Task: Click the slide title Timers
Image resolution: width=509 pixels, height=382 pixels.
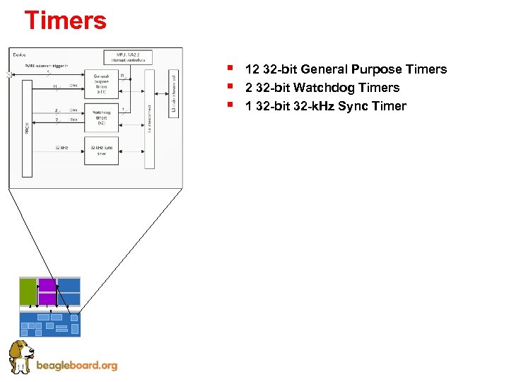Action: click(65, 20)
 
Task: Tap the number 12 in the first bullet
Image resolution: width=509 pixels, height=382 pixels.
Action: click(252, 69)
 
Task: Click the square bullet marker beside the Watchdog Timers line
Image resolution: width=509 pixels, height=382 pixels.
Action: click(231, 87)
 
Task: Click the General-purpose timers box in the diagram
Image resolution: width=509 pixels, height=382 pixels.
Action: click(101, 84)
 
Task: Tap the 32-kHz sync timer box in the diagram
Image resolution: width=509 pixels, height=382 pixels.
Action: click(101, 150)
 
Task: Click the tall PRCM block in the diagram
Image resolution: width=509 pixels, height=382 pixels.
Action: click(27, 128)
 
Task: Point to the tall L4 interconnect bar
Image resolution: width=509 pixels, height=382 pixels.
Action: click(149, 118)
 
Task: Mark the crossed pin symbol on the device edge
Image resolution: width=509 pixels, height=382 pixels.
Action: click(9, 74)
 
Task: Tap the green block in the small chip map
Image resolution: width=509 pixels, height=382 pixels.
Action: click(28, 291)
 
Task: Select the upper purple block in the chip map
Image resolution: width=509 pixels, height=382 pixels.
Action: click(47, 286)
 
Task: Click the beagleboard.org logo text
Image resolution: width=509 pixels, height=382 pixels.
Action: click(76, 366)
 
